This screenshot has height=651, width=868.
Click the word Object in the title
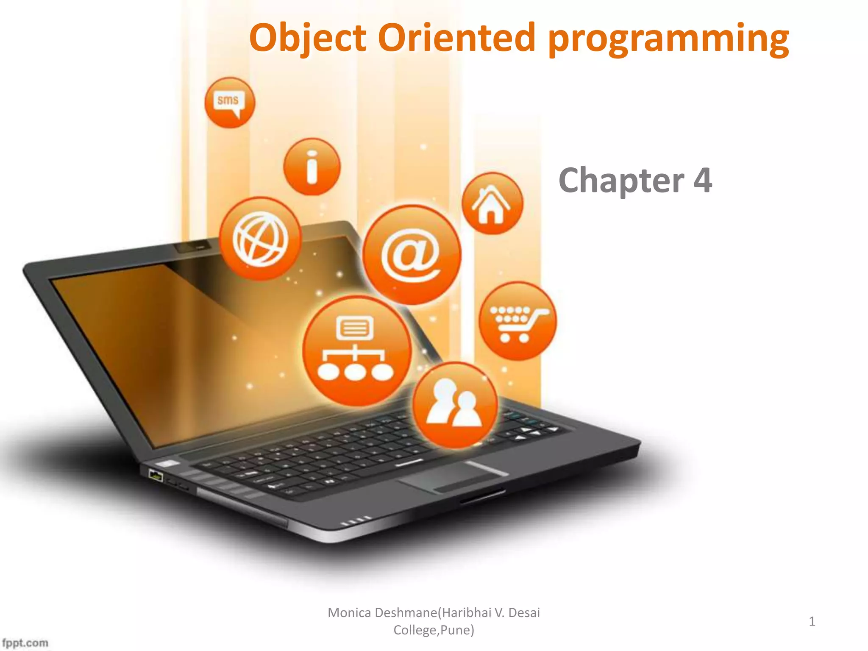click(307, 38)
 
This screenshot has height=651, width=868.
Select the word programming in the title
click(668, 39)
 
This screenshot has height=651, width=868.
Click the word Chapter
click(621, 180)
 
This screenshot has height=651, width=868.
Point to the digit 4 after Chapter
click(702, 180)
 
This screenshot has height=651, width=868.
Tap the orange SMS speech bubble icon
click(229, 103)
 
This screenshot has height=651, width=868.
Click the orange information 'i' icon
click(312, 167)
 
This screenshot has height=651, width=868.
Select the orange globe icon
click(260, 238)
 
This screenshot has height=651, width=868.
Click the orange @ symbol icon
click(412, 255)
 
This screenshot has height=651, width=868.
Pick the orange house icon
click(492, 203)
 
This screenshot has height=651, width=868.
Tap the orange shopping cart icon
click(517, 321)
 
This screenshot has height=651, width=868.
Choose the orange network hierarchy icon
click(357, 351)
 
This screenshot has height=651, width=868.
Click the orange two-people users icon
click(455, 405)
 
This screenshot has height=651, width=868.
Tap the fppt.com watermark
click(25, 643)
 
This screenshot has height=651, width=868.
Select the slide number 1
click(812, 621)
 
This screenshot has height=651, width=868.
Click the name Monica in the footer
click(349, 613)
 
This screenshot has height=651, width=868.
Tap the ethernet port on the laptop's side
click(156, 476)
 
